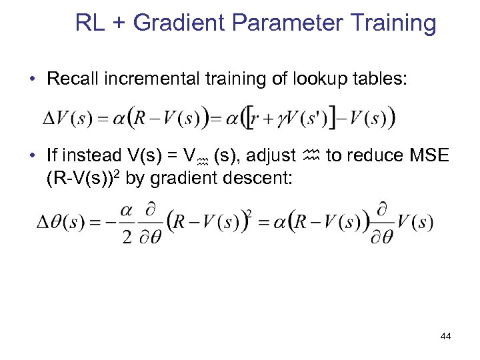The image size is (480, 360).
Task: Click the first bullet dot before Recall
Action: pyautogui.click(x=32, y=79)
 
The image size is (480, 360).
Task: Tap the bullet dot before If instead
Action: pyautogui.click(x=32, y=157)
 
